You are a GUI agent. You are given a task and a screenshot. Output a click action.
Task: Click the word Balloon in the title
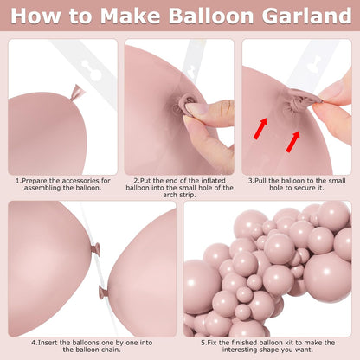coord(211,16)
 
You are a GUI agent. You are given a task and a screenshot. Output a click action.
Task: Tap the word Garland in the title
coord(306,16)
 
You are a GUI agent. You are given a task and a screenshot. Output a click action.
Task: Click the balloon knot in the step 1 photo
coord(77,93)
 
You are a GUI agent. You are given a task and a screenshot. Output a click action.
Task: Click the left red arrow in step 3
coord(260,128)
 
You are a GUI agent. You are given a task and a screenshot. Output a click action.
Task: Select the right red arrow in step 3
coord(293,141)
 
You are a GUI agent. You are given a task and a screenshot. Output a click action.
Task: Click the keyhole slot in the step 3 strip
coord(314,65)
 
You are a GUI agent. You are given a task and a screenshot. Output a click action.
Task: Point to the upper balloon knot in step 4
coord(96,250)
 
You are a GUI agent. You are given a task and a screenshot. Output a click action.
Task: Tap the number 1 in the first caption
coord(18,181)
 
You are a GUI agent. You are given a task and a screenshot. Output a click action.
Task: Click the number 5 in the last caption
coord(203,343)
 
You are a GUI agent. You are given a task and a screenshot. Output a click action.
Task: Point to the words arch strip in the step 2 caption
coord(179,195)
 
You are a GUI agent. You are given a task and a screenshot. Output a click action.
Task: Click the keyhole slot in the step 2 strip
coord(191,71)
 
